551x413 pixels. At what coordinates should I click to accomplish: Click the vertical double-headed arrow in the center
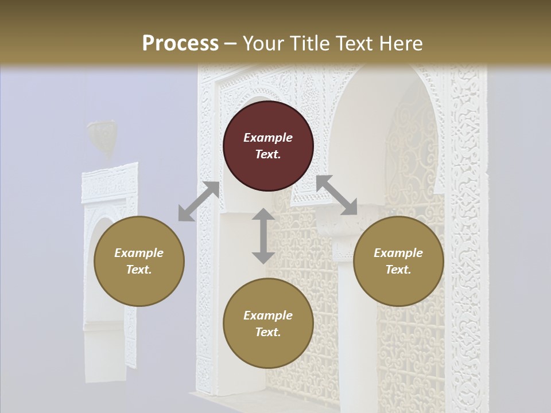pyautogui.click(x=263, y=236)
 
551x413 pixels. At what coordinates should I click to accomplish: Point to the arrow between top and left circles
pyautogui.click(x=199, y=201)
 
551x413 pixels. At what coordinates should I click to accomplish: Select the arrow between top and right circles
pyautogui.click(x=336, y=195)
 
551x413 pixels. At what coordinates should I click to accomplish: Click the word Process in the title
pyautogui.click(x=180, y=43)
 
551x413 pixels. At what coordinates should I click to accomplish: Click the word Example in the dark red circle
pyautogui.click(x=268, y=138)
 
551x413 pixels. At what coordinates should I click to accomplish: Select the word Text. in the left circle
pyautogui.click(x=139, y=270)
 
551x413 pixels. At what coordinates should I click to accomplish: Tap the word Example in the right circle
pyautogui.click(x=398, y=253)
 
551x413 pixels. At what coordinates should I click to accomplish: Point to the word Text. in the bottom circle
pyautogui.click(x=268, y=332)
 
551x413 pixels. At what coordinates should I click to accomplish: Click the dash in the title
pyautogui.click(x=230, y=43)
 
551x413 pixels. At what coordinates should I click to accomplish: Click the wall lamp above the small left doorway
pyautogui.click(x=102, y=137)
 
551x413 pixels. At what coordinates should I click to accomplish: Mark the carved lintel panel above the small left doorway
pyautogui.click(x=110, y=182)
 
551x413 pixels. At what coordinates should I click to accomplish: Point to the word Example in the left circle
pyautogui.click(x=139, y=253)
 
